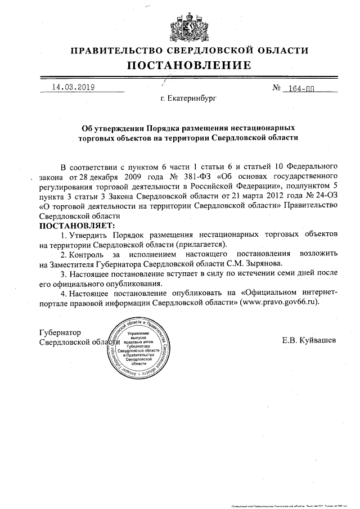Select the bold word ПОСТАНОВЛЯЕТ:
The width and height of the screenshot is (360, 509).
click(75, 225)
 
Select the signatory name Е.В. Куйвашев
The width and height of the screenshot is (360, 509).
click(311, 341)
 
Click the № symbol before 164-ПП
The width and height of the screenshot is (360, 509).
click(277, 88)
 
